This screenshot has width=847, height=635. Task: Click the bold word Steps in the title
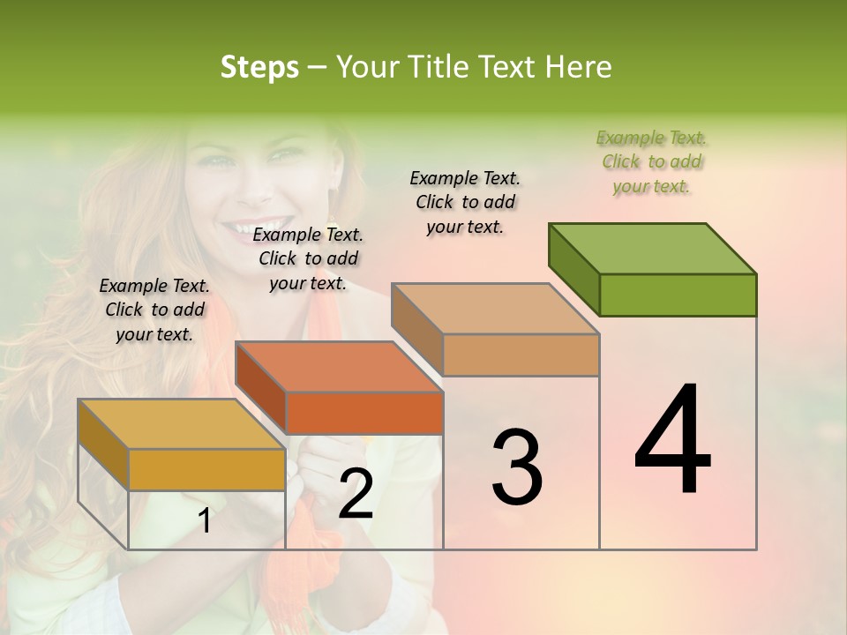click(259, 67)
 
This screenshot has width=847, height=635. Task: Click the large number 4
click(672, 440)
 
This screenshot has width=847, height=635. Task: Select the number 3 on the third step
click(517, 467)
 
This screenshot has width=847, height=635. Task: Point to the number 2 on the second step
click(356, 495)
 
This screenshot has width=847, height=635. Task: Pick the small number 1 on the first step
click(205, 521)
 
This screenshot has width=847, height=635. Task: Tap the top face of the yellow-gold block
click(181, 424)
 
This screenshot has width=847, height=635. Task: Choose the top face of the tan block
click(496, 309)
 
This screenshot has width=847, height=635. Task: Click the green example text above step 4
click(651, 161)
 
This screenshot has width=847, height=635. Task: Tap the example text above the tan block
click(465, 202)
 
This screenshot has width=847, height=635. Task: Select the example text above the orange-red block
click(308, 258)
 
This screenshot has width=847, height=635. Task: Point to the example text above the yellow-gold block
click(154, 310)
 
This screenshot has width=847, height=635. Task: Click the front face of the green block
click(678, 295)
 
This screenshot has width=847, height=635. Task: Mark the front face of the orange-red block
click(364, 413)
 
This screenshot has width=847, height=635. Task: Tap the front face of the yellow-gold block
click(206, 470)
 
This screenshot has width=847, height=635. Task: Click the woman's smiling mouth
click(250, 231)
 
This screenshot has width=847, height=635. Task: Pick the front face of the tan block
click(521, 355)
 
